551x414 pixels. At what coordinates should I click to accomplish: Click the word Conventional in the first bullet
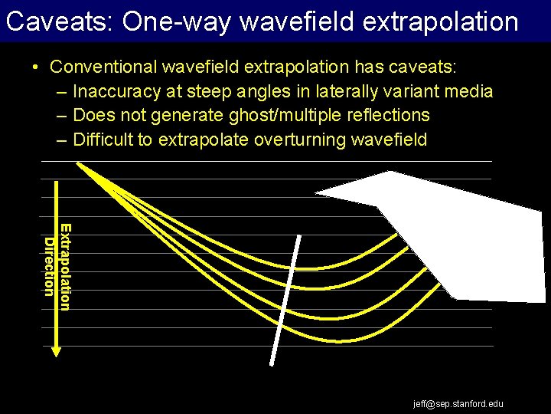tap(97, 67)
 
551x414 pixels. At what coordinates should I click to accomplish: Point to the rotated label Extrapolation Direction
tap(58, 267)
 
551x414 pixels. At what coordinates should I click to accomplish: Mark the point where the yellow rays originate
tap(78, 163)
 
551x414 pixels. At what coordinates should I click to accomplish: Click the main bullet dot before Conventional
tap(37, 67)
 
